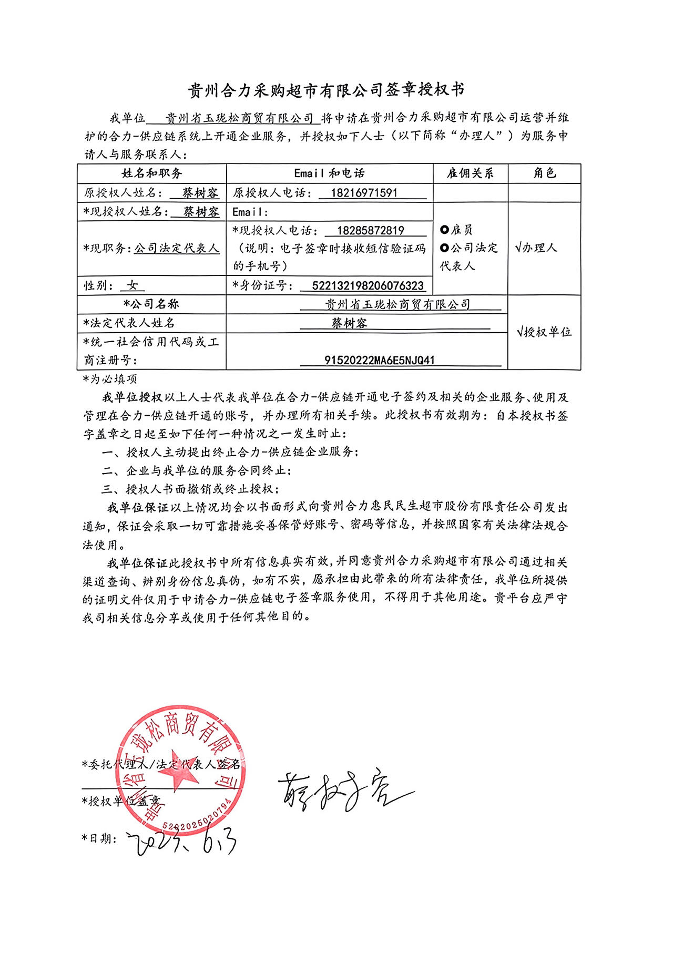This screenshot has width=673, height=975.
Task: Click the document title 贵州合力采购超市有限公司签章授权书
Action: coord(326,90)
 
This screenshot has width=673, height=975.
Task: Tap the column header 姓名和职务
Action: coord(152,173)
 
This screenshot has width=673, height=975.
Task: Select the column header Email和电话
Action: coord(329,173)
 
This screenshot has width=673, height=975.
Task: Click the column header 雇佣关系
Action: coord(470,173)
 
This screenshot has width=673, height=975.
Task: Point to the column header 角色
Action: coord(544,173)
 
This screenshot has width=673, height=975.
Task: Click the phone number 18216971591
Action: coord(364,193)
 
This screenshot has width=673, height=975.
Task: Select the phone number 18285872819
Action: coord(371,230)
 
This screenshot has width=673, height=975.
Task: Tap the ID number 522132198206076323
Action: coord(368,285)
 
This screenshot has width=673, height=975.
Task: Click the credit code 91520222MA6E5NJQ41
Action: coord(379,360)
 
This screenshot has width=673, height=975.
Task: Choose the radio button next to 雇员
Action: coord(445,230)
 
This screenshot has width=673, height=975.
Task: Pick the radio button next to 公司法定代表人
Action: coord(445,248)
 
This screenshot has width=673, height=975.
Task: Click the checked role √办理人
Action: coord(536,248)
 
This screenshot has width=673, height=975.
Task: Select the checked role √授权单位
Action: coord(544,332)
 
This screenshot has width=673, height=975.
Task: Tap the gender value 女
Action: coord(132,285)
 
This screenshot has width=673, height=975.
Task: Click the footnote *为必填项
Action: coord(109,378)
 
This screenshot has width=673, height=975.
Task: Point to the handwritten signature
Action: coord(342,789)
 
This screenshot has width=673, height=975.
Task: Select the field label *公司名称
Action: coord(151,304)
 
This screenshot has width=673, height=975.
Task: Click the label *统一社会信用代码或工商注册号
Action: coord(151,351)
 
